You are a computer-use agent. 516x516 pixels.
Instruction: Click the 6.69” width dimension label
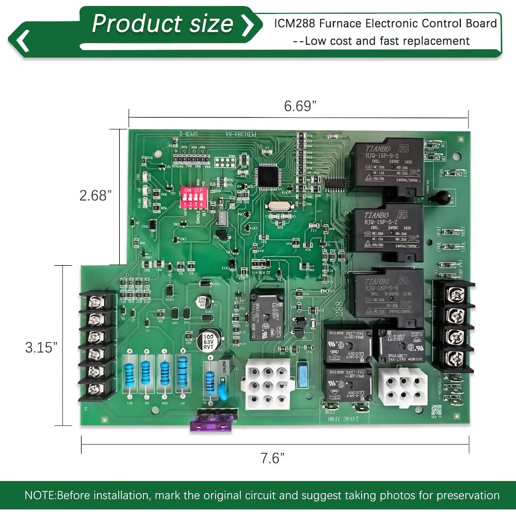300,106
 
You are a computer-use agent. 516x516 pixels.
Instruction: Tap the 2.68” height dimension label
96,196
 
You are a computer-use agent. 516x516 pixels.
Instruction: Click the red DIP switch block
190,197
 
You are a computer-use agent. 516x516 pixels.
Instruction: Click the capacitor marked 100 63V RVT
208,341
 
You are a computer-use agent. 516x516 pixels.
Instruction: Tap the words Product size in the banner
163,24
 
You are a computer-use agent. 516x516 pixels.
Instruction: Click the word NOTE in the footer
39,495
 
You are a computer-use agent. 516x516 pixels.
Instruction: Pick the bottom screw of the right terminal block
451,356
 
